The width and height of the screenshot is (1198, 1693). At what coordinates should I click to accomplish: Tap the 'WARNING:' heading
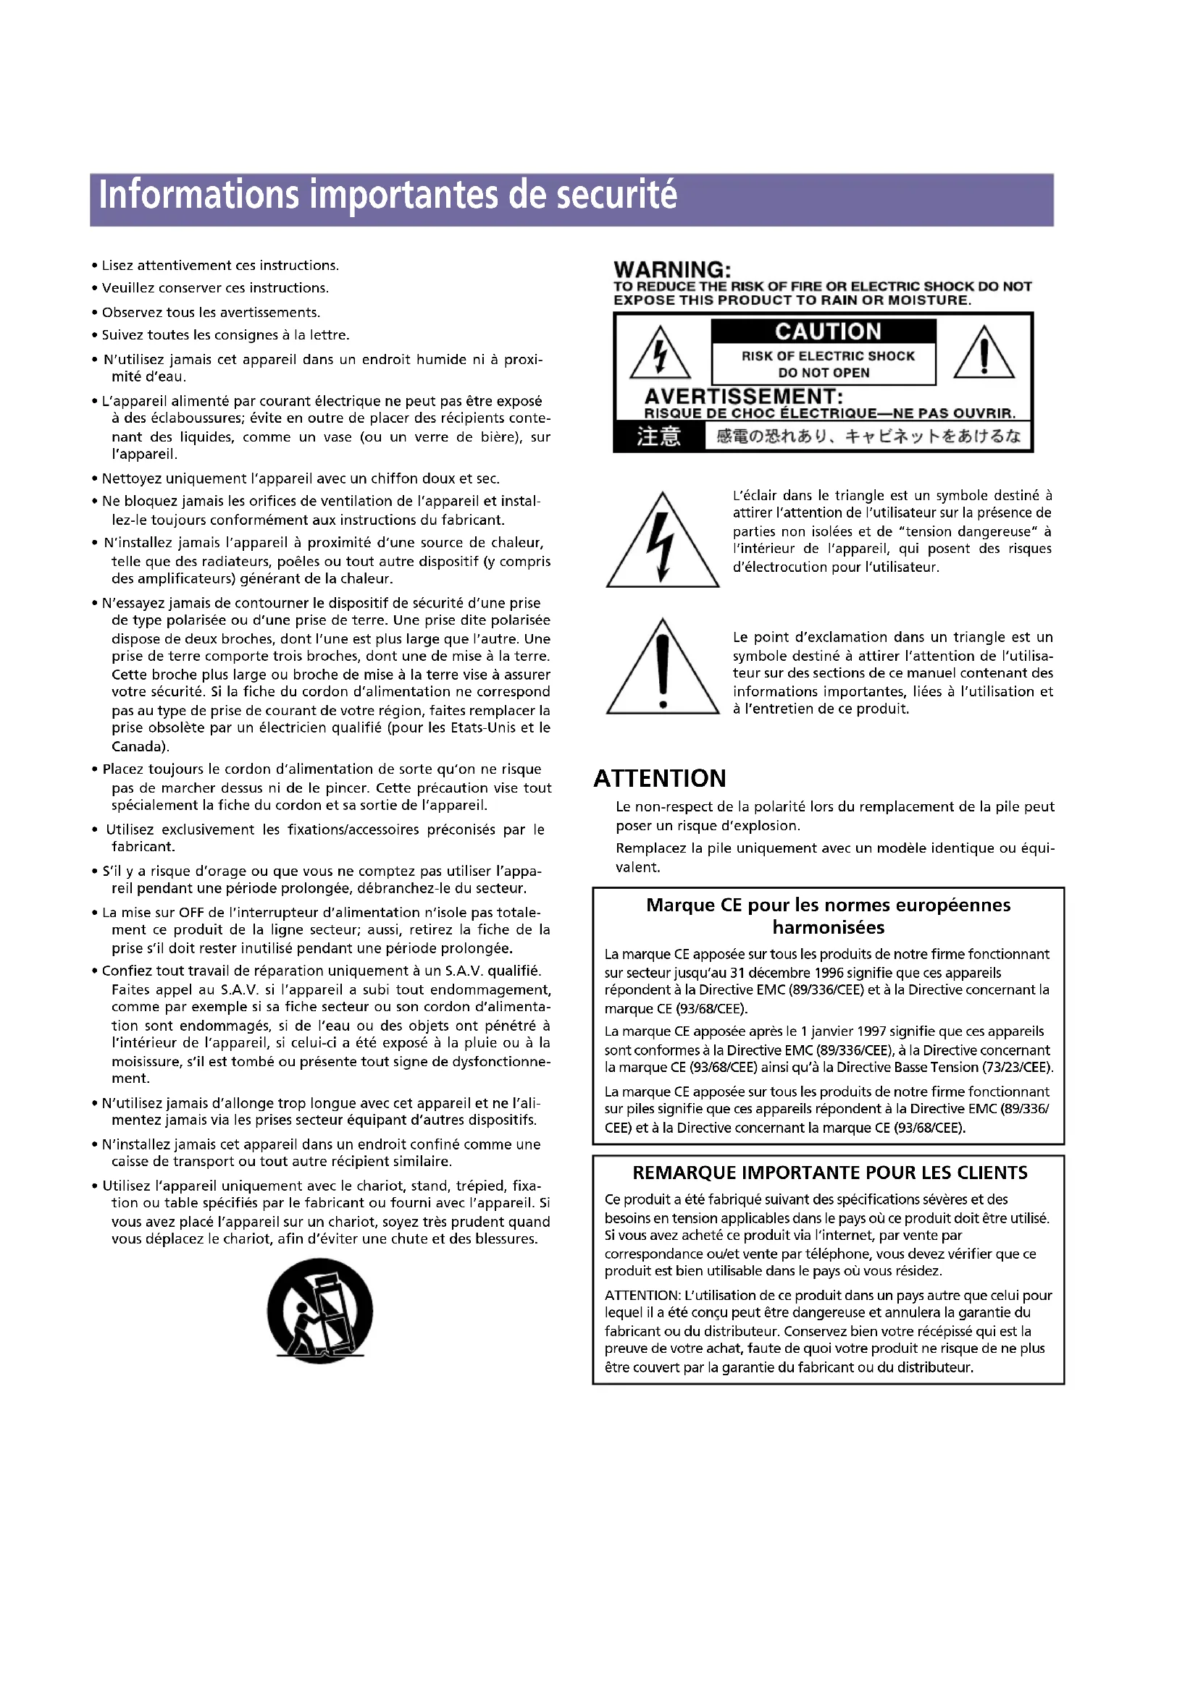pyautogui.click(x=672, y=270)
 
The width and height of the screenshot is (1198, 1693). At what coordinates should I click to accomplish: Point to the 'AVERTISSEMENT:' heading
pyautogui.click(x=744, y=396)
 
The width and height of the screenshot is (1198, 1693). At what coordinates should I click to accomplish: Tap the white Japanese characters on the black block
pyautogui.click(x=658, y=436)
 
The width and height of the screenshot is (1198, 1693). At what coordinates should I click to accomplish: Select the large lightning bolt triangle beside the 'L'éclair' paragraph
pyautogui.click(x=663, y=542)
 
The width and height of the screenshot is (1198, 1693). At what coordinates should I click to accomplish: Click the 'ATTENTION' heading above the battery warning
pyautogui.click(x=660, y=779)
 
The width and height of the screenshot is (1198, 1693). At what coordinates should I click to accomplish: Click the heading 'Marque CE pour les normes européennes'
pyautogui.click(x=828, y=905)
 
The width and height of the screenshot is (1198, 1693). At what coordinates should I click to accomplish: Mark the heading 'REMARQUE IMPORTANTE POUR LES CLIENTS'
pyautogui.click(x=829, y=1173)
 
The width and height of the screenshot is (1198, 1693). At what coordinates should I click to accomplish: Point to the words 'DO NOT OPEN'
pyautogui.click(x=824, y=373)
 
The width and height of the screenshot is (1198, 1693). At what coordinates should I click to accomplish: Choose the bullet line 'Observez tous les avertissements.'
pyautogui.click(x=210, y=312)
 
